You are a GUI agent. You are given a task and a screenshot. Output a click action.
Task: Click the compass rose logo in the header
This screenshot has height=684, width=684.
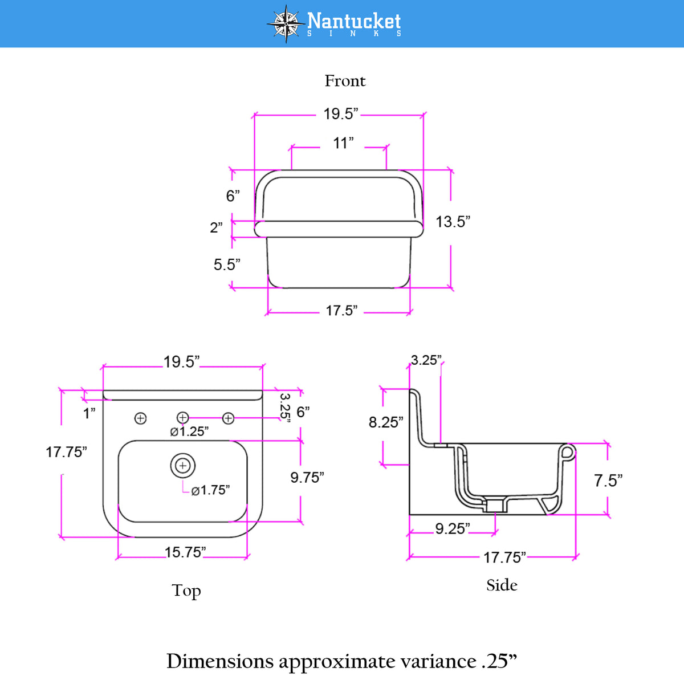(x=286, y=24)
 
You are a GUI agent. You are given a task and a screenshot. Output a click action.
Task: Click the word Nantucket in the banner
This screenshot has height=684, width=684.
(x=354, y=21)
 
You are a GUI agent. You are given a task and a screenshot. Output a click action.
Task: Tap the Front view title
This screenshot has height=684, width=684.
(x=345, y=81)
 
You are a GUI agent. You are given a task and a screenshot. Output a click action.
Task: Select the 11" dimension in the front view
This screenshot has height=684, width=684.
(x=343, y=143)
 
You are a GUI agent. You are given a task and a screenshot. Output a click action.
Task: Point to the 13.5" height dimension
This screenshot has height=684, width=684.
(x=453, y=222)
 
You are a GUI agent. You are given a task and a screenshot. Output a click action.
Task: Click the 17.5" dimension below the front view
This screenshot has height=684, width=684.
(x=341, y=311)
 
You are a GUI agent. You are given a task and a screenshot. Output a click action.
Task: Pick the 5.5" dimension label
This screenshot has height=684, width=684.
(x=227, y=264)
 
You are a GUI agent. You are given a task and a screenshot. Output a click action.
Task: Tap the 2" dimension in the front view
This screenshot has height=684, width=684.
(x=216, y=227)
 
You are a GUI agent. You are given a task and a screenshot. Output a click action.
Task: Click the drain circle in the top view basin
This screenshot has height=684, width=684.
(x=183, y=465)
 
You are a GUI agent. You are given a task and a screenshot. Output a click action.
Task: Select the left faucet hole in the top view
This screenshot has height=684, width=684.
(x=141, y=418)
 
